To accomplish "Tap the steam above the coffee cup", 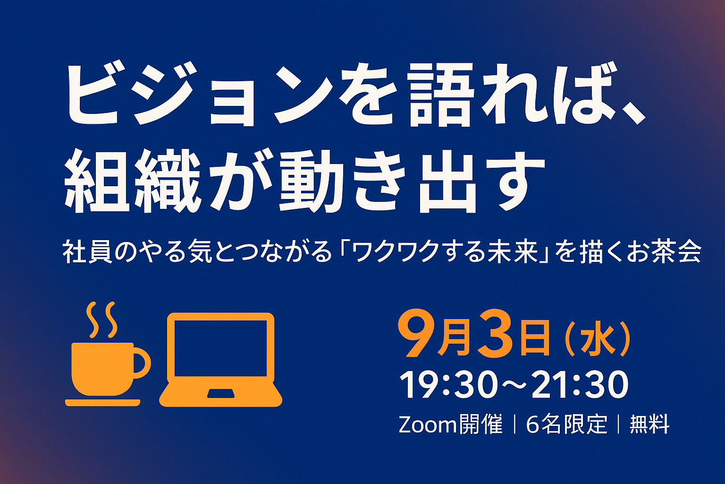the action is [x=101, y=320].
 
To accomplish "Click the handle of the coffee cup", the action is [x=143, y=363].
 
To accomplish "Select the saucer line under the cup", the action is [x=102, y=403].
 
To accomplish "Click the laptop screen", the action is [x=221, y=348].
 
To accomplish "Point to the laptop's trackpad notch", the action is [x=221, y=393].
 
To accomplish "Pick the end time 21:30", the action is [x=580, y=385].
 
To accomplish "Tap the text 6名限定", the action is [x=566, y=424].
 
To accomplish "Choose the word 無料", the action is [x=649, y=424].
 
